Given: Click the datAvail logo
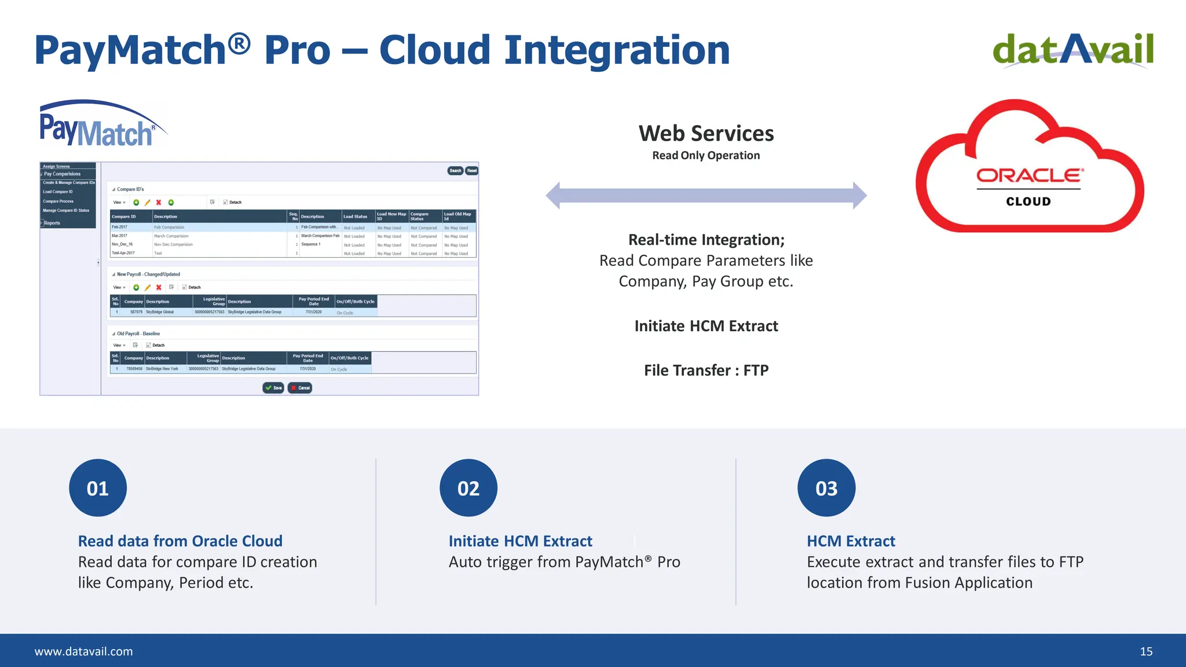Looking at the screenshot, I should click(x=1072, y=50).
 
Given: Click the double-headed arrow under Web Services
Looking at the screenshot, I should click(x=706, y=196).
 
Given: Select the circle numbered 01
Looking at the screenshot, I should click(x=98, y=488).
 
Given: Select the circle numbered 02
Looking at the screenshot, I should click(x=468, y=488).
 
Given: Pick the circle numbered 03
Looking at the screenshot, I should click(x=826, y=488).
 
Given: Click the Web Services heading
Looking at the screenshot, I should click(x=706, y=134).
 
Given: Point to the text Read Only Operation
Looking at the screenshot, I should click(x=706, y=155).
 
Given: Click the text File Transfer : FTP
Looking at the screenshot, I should click(x=706, y=371).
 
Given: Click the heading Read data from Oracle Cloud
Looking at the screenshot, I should click(x=180, y=541).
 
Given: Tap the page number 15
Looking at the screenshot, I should click(x=1146, y=651).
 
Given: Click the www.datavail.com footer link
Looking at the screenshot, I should click(x=83, y=651).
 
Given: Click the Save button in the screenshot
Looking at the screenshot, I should click(x=273, y=388).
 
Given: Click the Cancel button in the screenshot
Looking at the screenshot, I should click(x=300, y=388).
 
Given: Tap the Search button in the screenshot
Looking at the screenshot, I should click(x=455, y=171).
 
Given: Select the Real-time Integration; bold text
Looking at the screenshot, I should click(x=706, y=240).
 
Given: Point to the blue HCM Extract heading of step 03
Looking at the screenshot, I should click(x=851, y=541).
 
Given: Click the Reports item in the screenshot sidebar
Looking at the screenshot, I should click(x=52, y=223).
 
